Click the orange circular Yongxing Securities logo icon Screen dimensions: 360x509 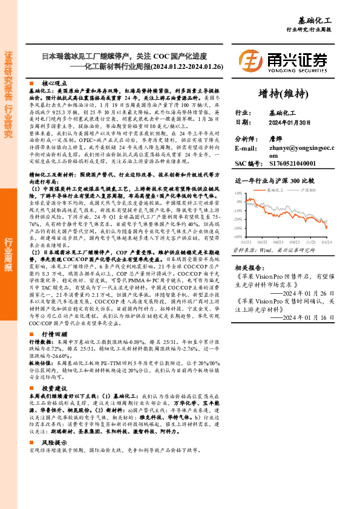(x=250, y=60)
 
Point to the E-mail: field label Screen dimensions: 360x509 (x=246, y=148)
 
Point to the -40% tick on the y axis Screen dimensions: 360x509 (x=239, y=236)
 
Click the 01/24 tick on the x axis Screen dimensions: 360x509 (x=326, y=241)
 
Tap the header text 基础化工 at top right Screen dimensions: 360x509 (x=331, y=21)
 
